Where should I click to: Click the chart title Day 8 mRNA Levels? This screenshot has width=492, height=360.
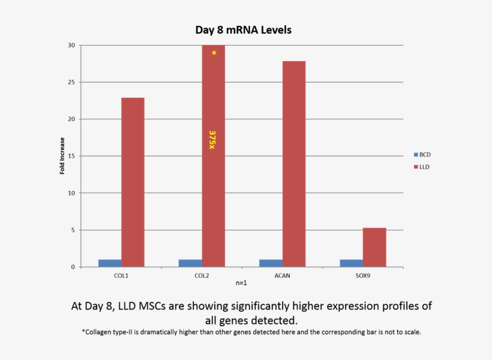tap(244, 29)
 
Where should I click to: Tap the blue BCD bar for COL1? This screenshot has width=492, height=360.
tap(110, 263)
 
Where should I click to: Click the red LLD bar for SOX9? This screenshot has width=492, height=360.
tap(374, 247)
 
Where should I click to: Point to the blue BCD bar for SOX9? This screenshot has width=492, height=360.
tap(352, 263)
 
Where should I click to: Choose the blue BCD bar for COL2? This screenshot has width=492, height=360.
tap(190, 263)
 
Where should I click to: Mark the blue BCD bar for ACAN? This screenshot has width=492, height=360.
tap(271, 263)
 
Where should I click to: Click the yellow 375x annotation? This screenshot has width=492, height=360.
tap(212, 140)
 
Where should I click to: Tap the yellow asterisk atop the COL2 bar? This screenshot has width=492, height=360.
tap(214, 54)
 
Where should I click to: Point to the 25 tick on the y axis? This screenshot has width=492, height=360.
tap(71, 82)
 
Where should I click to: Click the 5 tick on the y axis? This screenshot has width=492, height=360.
tap(73, 230)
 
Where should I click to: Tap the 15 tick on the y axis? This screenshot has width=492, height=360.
tap(71, 156)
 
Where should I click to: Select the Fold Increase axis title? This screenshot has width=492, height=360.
tap(62, 156)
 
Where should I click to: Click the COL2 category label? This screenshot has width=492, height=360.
tap(202, 275)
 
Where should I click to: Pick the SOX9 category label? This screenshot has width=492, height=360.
tap(363, 275)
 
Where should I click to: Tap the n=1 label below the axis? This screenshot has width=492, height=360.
tap(242, 283)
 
